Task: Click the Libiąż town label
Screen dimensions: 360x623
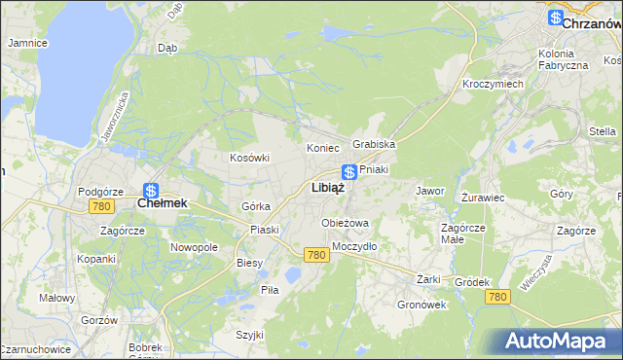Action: click(x=327, y=188)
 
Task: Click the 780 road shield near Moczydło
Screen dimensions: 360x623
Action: click(x=314, y=255)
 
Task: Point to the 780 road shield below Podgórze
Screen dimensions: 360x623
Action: click(x=100, y=207)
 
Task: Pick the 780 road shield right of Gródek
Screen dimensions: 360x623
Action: click(x=497, y=296)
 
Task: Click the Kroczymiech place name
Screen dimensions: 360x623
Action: click(x=493, y=84)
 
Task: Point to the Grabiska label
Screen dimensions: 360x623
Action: click(x=374, y=144)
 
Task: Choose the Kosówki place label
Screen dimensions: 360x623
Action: click(x=248, y=158)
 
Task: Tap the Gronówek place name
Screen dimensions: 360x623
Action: click(x=421, y=305)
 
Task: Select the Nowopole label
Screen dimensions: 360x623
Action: click(x=194, y=247)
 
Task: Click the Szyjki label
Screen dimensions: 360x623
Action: click(x=249, y=335)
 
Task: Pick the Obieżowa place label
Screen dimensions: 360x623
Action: click(x=346, y=224)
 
